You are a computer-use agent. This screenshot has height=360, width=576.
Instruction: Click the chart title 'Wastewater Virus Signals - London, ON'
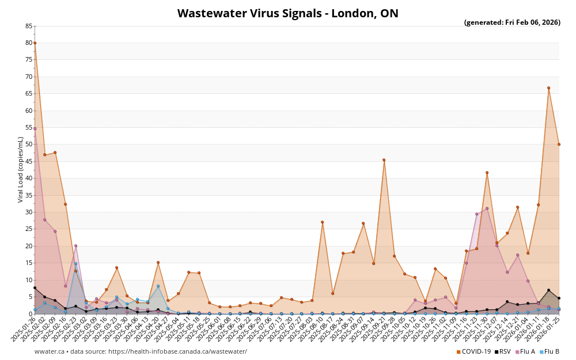click(287, 13)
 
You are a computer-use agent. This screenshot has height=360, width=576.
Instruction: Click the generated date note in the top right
click(512, 23)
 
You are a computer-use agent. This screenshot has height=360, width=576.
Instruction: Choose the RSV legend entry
click(503, 351)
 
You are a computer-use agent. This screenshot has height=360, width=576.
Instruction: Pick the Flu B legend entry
click(550, 351)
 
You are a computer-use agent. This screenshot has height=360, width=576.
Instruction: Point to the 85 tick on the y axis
click(29, 26)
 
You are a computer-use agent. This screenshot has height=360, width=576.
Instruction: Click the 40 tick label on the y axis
click(29, 179)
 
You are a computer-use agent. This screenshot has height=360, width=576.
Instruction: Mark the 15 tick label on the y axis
click(29, 263)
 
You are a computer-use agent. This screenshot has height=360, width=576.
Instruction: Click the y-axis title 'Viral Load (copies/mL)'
click(21, 169)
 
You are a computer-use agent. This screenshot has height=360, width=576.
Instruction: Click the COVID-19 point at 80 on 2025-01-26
click(35, 43)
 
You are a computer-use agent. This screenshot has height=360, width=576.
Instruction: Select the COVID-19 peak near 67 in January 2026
click(548, 88)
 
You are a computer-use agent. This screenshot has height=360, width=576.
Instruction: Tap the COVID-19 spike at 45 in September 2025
click(384, 160)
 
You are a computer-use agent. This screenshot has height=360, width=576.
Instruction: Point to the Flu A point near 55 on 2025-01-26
click(35, 128)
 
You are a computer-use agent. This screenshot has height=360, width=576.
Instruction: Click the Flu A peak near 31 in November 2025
click(487, 209)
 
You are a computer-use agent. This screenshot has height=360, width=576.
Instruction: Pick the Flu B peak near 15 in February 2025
click(75, 264)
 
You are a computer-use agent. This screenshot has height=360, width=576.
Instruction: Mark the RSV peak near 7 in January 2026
click(548, 290)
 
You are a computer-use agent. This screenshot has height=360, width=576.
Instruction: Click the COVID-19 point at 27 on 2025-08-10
click(322, 222)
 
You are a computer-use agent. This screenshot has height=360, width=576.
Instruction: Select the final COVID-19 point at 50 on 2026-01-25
click(559, 144)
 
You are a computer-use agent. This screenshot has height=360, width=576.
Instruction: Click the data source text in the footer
click(141, 351)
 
